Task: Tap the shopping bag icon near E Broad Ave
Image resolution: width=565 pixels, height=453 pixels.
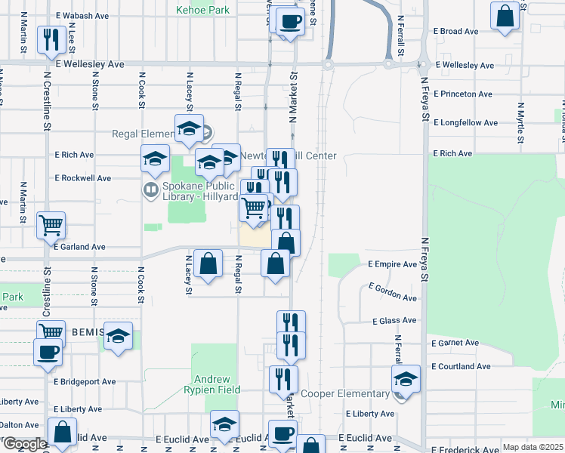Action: pos(505,15)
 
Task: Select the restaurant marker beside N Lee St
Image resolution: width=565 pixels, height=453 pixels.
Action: pos(51,40)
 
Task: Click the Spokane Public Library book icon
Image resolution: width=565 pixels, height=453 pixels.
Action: pos(151,189)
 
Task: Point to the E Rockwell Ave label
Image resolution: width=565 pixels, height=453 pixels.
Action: pos(83,178)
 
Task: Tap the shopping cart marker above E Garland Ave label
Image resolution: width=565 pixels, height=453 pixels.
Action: pos(51,224)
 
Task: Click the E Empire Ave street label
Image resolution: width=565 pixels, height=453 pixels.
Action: pos(392,264)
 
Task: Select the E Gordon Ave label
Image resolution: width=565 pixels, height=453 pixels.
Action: pos(393,292)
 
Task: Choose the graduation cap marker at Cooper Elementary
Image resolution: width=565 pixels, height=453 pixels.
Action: pos(406,380)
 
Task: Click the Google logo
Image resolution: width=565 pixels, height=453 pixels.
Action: pos(24,444)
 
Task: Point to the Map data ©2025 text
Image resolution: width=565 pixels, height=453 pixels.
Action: pos(533,447)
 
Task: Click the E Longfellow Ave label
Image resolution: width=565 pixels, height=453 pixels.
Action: pos(465,122)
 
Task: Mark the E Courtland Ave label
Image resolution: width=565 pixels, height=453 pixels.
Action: pos(461,366)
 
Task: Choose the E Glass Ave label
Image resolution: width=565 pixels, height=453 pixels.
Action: pos(394,320)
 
